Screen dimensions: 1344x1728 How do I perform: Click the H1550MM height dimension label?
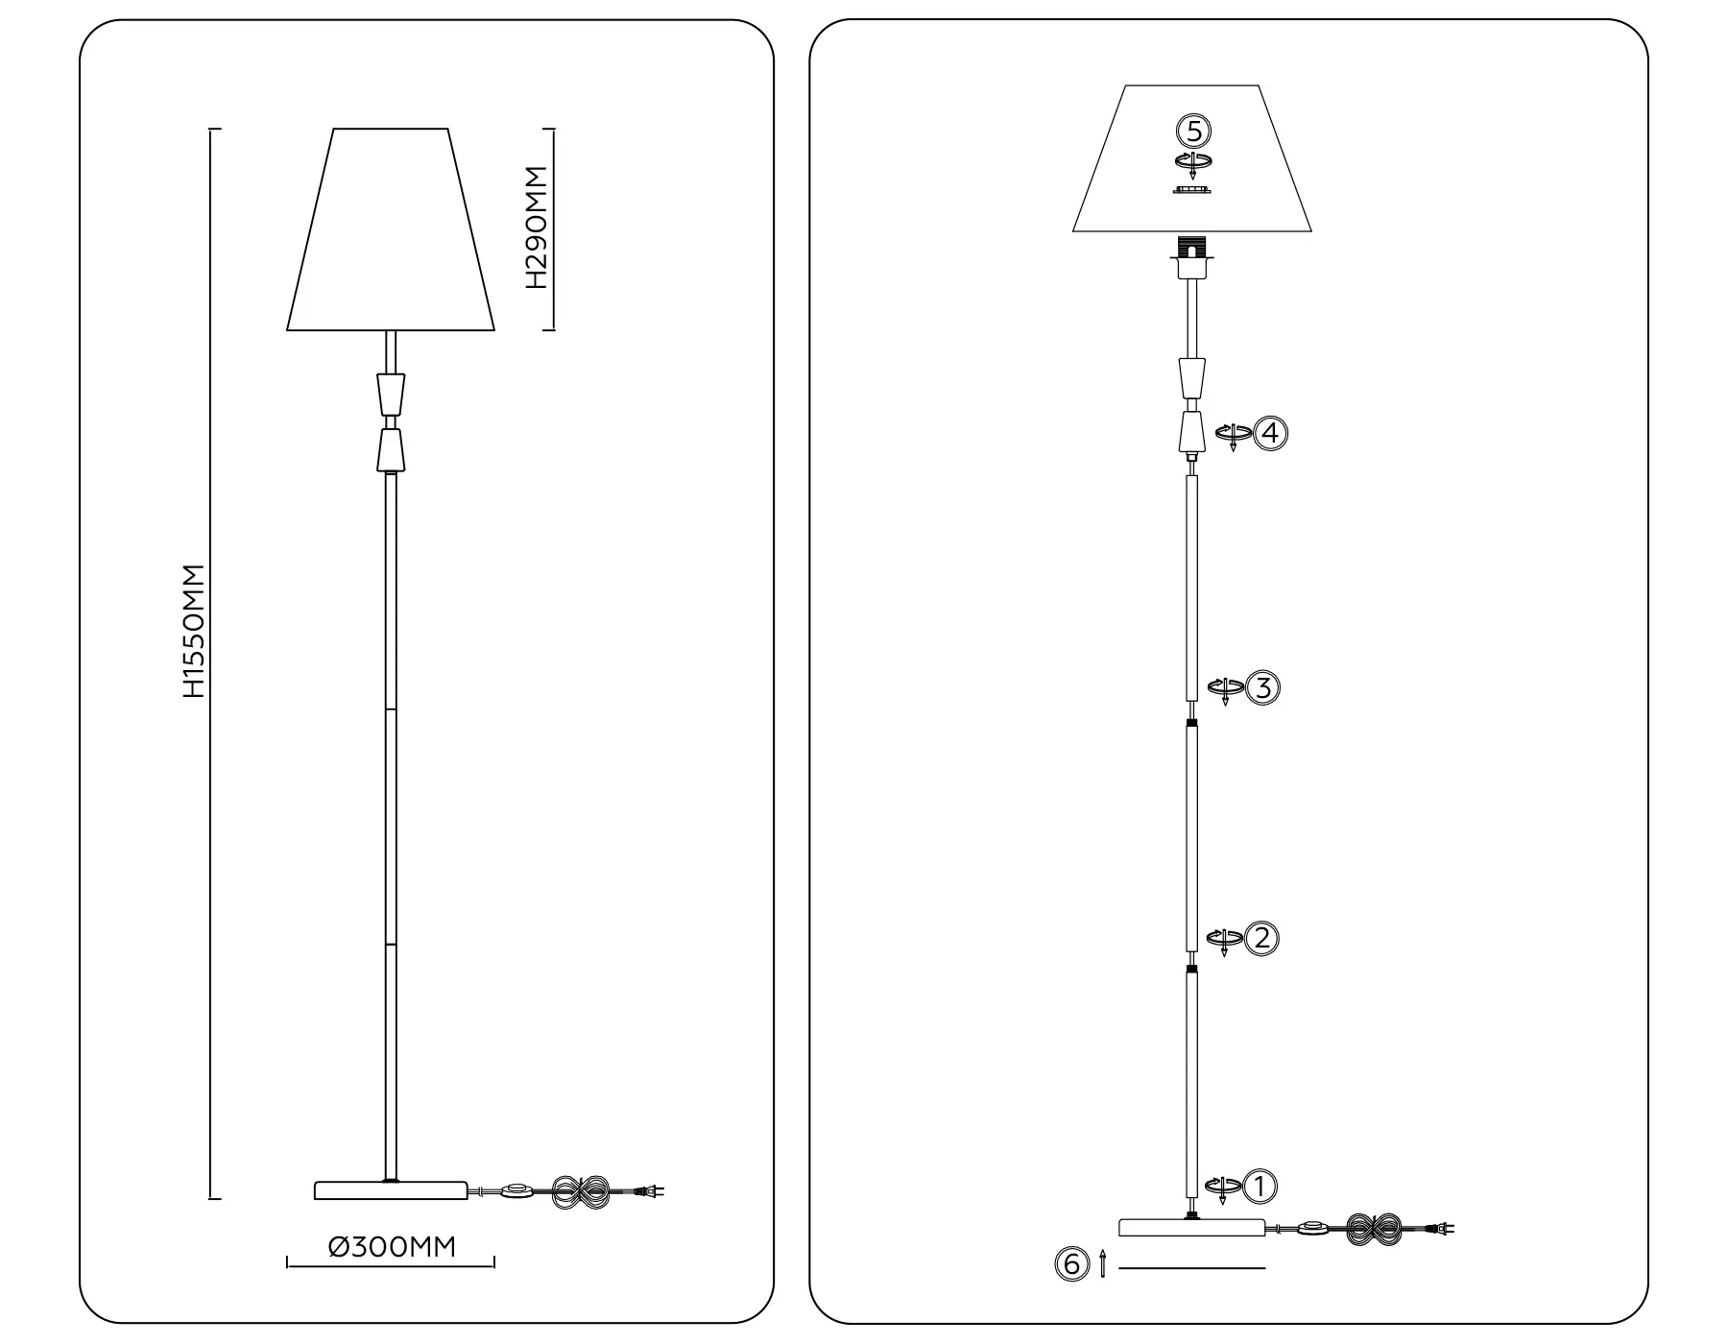[194, 631]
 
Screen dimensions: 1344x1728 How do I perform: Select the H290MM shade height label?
[537, 228]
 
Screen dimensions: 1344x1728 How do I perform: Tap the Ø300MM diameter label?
[392, 1247]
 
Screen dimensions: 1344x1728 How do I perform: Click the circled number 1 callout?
[1260, 1187]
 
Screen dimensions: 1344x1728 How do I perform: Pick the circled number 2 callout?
[1261, 938]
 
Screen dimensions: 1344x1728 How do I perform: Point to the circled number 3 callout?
[1262, 687]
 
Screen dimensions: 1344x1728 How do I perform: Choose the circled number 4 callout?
[1270, 433]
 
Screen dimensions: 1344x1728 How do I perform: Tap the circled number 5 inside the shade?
[1193, 130]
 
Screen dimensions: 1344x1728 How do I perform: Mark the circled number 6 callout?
[1071, 1264]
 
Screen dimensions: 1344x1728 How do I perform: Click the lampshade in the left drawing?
[391, 230]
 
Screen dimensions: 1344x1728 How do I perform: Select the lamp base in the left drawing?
[391, 1190]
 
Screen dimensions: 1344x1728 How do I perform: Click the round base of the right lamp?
[1192, 1227]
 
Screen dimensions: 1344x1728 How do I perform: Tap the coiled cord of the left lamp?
[582, 1192]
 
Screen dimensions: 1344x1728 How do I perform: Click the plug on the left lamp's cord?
[650, 1192]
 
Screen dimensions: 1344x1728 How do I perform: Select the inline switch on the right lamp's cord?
[1312, 1228]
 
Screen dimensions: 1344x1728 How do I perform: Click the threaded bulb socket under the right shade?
[1191, 248]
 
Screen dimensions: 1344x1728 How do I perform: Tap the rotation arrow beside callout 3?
[1225, 688]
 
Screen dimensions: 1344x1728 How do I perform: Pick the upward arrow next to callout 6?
[1103, 1263]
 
